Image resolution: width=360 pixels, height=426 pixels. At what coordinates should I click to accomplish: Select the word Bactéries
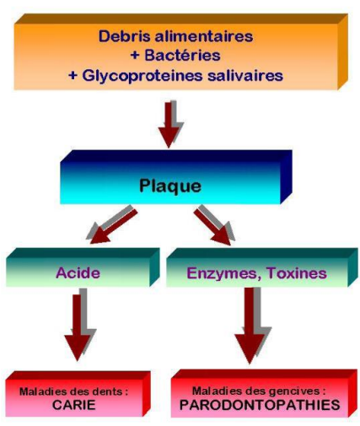point(182,55)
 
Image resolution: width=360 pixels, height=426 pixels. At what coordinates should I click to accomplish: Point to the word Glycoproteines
point(142,76)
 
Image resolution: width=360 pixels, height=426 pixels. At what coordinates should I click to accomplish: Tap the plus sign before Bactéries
point(135,55)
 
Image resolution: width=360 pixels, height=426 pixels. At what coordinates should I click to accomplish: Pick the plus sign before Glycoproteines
point(73,75)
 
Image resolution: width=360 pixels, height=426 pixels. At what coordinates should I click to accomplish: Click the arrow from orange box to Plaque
point(170,124)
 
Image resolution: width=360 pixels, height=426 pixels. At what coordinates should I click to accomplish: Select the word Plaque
point(170,186)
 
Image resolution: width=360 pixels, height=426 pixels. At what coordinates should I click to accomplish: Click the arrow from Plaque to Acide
point(112,224)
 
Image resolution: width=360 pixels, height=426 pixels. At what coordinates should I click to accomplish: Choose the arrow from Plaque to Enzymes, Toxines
point(214,224)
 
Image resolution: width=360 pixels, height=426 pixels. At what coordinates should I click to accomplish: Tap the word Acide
point(78,272)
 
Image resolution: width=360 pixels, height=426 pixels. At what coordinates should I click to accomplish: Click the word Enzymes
point(224,273)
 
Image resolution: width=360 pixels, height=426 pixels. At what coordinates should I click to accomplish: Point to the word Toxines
point(297,272)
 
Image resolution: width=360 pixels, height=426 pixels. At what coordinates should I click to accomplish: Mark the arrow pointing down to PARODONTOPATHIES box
point(253,326)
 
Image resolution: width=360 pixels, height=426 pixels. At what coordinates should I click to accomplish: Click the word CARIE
point(73,405)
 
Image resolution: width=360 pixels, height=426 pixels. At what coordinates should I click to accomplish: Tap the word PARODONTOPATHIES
point(260,405)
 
